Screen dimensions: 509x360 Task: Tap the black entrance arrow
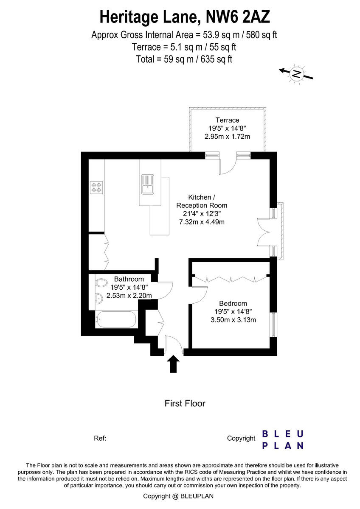[174, 364]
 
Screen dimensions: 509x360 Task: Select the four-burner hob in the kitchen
[96, 187]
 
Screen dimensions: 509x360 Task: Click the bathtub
[115, 319]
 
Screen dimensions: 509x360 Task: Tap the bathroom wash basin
[98, 298]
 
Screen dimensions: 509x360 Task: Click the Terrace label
[227, 120]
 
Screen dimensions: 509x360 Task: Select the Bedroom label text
[233, 303]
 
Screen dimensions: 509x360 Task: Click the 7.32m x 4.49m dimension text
[202, 222]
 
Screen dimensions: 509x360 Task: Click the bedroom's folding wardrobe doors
[231, 279]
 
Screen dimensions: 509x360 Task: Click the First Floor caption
[185, 403]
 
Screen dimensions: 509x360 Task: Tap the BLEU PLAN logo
[282, 439]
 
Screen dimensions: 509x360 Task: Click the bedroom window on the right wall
[274, 325]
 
